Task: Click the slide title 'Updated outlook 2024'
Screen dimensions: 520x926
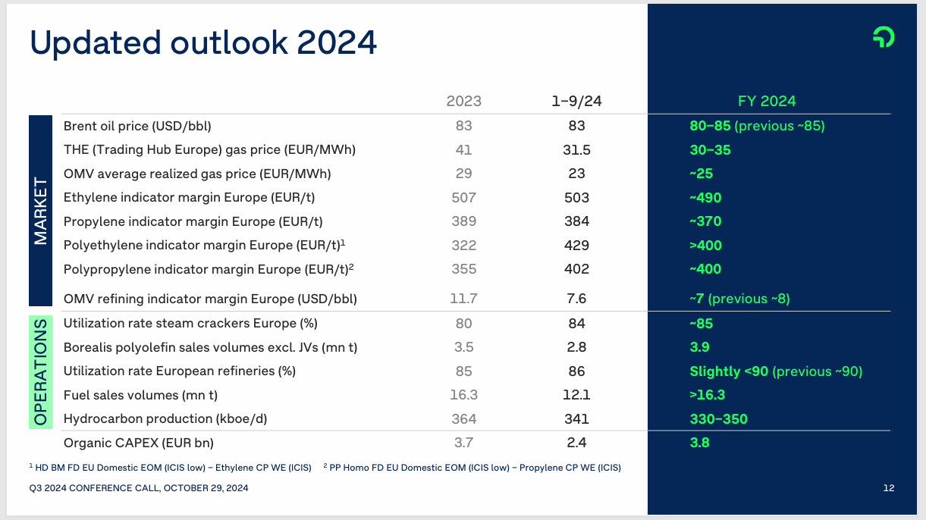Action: point(203,43)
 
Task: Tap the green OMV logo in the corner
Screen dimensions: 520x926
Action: point(883,37)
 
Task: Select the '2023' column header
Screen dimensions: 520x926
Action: point(463,102)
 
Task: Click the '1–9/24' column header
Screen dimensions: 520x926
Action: point(576,102)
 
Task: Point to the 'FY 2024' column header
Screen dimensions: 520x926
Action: point(767,102)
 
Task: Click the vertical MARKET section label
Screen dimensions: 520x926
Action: point(40,211)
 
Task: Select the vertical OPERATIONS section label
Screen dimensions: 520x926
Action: point(40,371)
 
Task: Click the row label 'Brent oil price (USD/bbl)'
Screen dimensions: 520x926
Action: point(137,126)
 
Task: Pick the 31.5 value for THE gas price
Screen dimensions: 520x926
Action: point(576,150)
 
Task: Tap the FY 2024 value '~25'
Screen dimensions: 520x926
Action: point(702,174)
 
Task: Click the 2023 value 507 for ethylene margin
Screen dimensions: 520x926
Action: point(463,198)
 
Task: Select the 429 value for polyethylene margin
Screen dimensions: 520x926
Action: point(576,246)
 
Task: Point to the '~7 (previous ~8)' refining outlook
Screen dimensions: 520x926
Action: point(739,299)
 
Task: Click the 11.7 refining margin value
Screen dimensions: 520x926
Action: point(463,299)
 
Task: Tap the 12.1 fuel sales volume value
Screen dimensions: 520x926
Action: point(576,395)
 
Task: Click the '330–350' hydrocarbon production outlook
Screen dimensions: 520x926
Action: point(719,419)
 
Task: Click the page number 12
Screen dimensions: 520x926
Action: point(889,488)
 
